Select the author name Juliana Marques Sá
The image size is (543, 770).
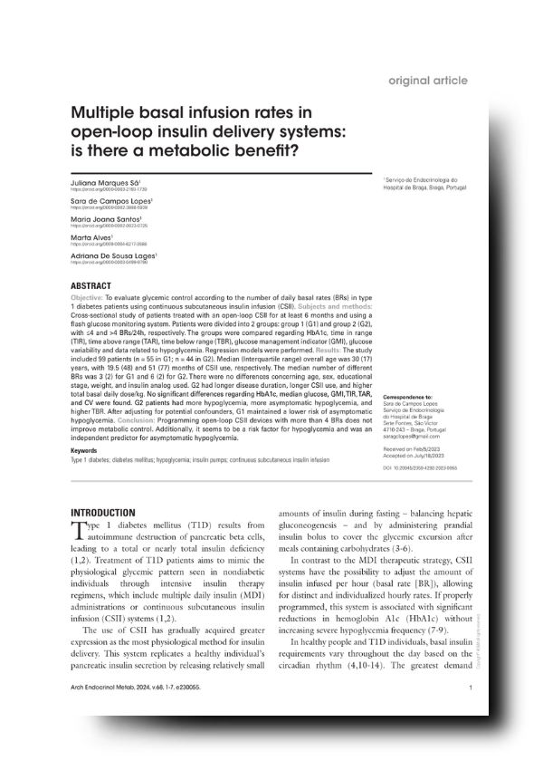(x=103, y=182)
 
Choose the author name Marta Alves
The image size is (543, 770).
(x=90, y=237)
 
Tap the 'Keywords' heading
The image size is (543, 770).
(x=84, y=450)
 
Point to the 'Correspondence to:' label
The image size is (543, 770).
(x=409, y=397)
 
